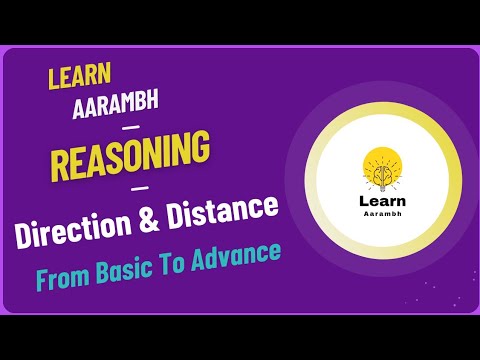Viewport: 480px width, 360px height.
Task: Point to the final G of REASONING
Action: [x=203, y=150]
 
